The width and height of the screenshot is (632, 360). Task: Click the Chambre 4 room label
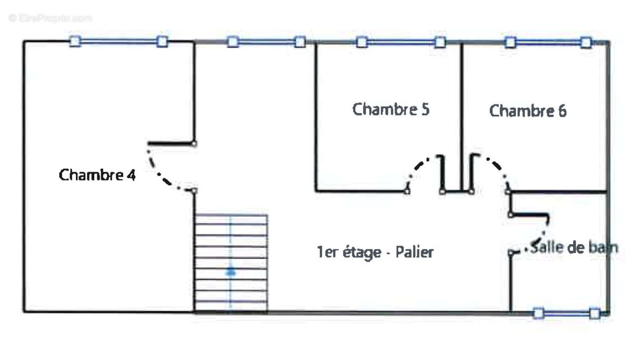[x=97, y=175]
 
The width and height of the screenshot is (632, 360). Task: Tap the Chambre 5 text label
[x=390, y=109]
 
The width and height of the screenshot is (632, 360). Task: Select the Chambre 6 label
[x=528, y=111]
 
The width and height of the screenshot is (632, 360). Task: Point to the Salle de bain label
[x=574, y=247]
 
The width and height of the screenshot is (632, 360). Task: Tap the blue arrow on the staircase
[x=231, y=272]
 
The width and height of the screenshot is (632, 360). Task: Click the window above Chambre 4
[x=119, y=41]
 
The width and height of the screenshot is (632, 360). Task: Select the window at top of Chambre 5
[x=400, y=42]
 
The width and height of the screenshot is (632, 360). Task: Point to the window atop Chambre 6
[x=548, y=42]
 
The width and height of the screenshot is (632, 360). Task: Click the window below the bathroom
[x=566, y=314]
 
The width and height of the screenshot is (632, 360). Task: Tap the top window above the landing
[x=266, y=42]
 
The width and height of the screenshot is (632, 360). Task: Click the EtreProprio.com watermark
[x=51, y=18]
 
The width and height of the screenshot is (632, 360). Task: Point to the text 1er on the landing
[x=324, y=253]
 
